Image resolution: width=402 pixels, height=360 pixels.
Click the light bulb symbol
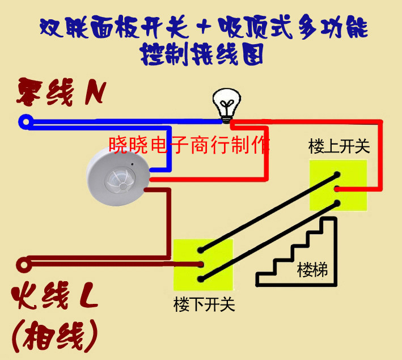(x=227, y=105)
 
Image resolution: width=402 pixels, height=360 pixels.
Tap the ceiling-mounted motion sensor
(x=118, y=176)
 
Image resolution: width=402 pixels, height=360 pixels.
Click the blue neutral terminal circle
(x=26, y=122)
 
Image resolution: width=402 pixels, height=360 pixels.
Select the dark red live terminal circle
(x=24, y=265)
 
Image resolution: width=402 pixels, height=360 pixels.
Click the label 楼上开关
(x=339, y=146)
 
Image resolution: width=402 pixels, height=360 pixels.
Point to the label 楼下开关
(x=204, y=304)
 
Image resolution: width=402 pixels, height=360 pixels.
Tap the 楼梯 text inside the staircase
(x=312, y=270)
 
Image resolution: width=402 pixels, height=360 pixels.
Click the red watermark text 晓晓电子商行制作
(x=189, y=145)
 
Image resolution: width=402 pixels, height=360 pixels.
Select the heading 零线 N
(x=62, y=92)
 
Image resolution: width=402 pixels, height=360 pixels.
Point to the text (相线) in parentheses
(x=54, y=336)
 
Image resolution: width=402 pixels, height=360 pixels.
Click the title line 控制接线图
(x=202, y=54)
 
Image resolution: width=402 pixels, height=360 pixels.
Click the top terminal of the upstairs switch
(x=337, y=175)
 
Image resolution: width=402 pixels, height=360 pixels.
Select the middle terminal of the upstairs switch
(x=337, y=189)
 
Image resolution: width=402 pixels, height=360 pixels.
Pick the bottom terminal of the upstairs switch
(x=337, y=204)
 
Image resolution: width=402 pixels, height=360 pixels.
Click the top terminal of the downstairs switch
(x=201, y=250)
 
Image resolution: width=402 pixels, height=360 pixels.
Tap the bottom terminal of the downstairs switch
(x=201, y=279)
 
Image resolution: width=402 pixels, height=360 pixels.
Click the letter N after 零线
(x=95, y=93)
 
